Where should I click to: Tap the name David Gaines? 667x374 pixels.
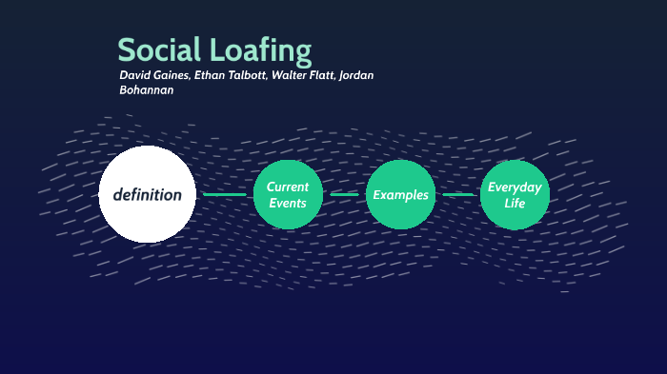[x=153, y=75]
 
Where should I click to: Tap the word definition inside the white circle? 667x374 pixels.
[x=147, y=195]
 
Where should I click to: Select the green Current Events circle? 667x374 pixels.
[x=288, y=195]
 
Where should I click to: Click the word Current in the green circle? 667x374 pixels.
[x=288, y=187]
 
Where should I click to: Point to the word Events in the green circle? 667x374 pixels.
[x=288, y=204]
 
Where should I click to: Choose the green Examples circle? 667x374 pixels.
[x=400, y=195]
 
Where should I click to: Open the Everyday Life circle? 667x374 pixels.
[x=515, y=195]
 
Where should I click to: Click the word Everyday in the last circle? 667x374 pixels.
[x=515, y=187]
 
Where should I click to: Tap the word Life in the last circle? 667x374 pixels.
[x=515, y=204]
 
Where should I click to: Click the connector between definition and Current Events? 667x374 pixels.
[x=225, y=195]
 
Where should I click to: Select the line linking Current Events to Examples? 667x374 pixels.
[x=344, y=195]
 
